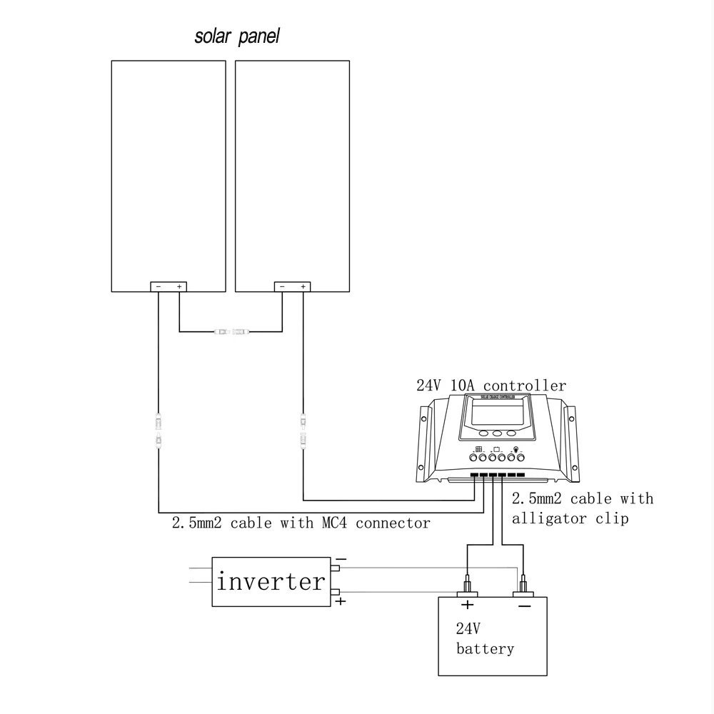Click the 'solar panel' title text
click(x=237, y=37)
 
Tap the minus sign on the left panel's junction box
click(x=159, y=286)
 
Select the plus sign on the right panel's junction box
click(x=304, y=286)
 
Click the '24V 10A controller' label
click(x=491, y=386)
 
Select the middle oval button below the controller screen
click(x=497, y=433)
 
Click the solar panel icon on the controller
click(x=479, y=449)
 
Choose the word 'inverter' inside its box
click(x=271, y=581)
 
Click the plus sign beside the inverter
click(x=341, y=602)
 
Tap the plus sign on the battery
click(x=467, y=605)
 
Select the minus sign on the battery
click(x=525, y=605)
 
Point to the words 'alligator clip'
click(x=570, y=518)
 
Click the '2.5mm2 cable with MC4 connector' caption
click(x=301, y=523)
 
